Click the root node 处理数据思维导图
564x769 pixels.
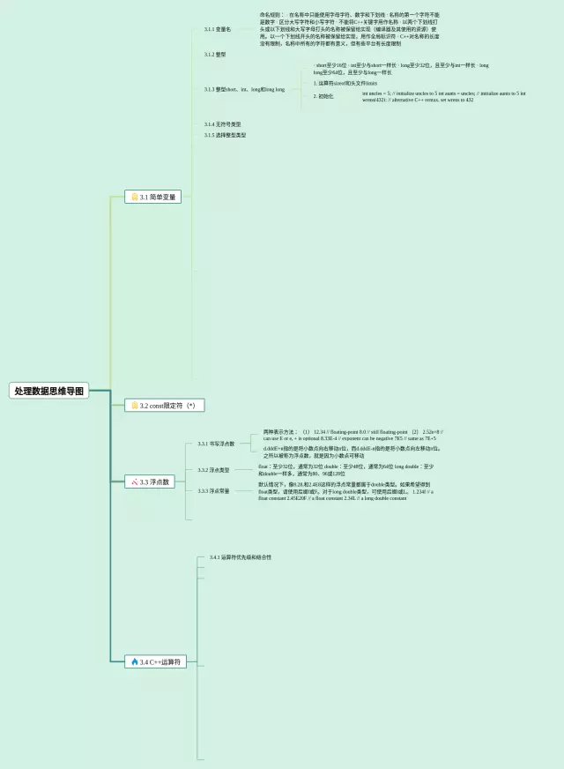[50, 390]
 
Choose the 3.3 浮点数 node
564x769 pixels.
[151, 482]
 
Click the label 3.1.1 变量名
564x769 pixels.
[217, 29]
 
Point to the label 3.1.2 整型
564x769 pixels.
[215, 54]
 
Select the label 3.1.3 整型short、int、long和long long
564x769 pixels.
[244, 89]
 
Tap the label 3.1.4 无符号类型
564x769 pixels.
[222, 124]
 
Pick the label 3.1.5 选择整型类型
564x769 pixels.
[225, 135]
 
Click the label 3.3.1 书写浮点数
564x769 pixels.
[216, 444]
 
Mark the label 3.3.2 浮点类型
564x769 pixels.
[213, 470]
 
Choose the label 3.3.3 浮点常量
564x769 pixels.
[213, 491]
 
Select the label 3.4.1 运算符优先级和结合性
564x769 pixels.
[241, 557]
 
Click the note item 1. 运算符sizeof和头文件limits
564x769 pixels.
[345, 83]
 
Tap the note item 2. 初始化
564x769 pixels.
[323, 95]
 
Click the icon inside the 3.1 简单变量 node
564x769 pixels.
[134, 197]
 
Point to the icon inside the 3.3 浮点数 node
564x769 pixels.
[134, 482]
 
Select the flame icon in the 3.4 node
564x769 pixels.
[134, 661]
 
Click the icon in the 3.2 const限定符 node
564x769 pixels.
[134, 405]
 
